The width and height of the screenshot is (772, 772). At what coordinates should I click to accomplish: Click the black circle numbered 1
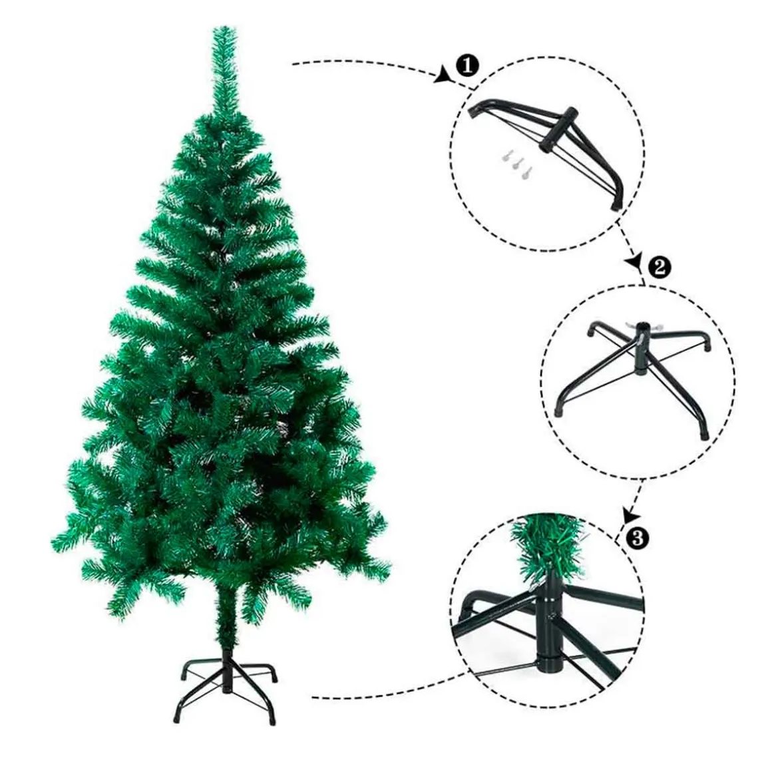pos(467,65)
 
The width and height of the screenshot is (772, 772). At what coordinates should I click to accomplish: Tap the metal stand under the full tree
pos(225,683)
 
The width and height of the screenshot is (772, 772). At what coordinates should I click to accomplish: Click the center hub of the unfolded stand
pos(642,349)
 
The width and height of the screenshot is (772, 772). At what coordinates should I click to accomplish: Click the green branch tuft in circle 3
pos(546,548)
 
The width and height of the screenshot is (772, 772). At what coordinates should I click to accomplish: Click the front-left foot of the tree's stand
pos(178,718)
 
